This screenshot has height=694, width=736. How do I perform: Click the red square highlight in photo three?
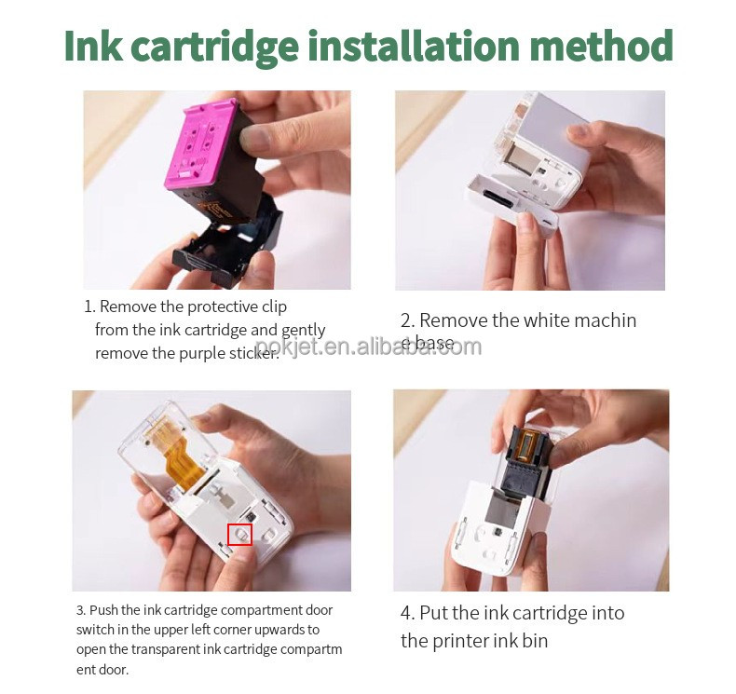point(240,534)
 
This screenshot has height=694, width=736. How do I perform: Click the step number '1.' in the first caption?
point(89,306)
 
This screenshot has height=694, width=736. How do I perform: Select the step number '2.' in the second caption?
point(407,320)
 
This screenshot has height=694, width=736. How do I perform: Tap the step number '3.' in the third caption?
point(82,610)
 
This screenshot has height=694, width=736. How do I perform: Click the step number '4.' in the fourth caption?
point(407,613)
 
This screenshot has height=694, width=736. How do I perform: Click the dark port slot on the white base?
point(496,198)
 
